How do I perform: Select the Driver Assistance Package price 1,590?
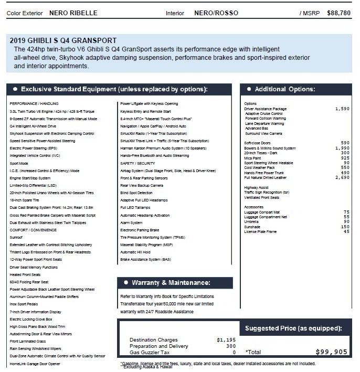pyautogui.click(x=342, y=109)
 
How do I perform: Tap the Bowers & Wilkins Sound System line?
pyautogui.click(x=270, y=148)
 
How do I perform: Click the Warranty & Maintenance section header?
pyautogui.click(x=167, y=283)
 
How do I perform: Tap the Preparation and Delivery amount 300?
pyautogui.click(x=230, y=346)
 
